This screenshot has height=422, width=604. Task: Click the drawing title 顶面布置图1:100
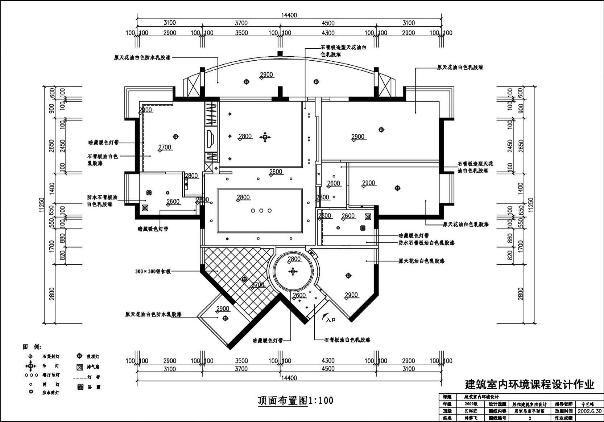point(295,400)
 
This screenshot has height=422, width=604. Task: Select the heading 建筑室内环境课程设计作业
point(529,385)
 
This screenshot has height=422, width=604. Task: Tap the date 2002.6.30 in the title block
point(589,411)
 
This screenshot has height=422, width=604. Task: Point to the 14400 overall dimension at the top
point(289,15)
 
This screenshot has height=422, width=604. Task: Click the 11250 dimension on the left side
point(42,205)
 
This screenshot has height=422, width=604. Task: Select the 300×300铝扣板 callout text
point(153,271)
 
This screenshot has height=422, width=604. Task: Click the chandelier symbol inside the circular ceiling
point(293,271)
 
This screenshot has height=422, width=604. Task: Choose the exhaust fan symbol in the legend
point(80,367)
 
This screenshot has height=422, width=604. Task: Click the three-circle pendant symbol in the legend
point(31,375)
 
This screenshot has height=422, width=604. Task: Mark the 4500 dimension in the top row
point(328,23)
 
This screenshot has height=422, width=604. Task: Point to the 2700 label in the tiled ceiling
point(258,285)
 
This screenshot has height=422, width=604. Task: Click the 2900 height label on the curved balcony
point(266,75)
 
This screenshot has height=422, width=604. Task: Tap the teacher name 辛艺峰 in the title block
point(588,404)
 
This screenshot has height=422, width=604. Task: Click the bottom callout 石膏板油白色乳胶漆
point(347,340)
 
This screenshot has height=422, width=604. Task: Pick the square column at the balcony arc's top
point(280,54)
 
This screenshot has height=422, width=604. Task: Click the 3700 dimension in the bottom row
point(241,369)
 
